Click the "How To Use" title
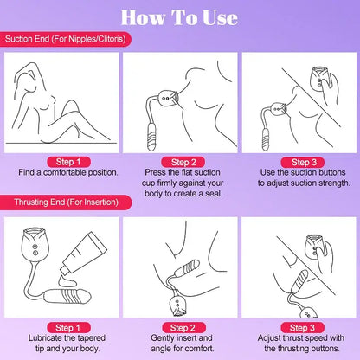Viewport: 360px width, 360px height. point(180,16)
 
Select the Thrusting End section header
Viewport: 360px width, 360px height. point(65,202)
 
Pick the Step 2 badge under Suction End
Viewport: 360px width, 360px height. point(180,161)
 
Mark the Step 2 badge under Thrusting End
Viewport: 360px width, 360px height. point(180,327)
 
